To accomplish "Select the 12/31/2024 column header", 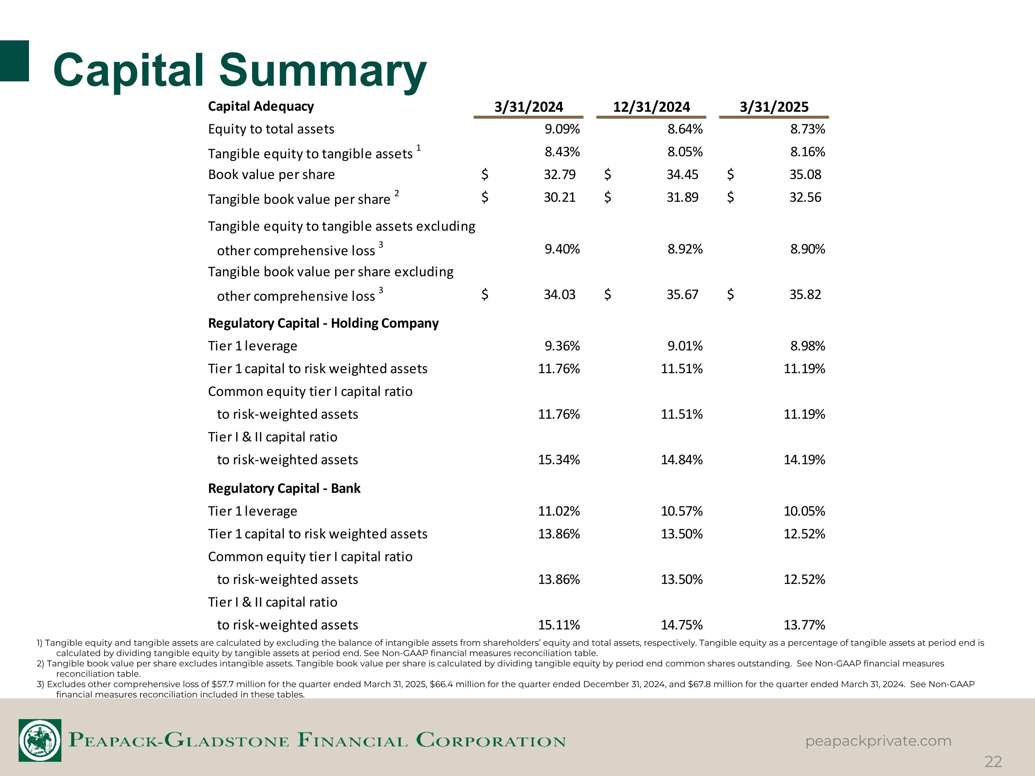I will [651, 107].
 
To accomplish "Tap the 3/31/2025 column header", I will [774, 107].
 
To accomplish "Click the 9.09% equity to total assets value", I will [562, 129].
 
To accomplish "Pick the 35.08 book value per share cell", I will [805, 175].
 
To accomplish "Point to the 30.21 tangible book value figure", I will [560, 197].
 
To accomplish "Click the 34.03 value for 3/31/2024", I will [560, 295].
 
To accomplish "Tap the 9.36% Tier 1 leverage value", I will [562, 346].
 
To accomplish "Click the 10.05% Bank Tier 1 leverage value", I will [804, 511].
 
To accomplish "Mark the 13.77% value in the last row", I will [804, 625].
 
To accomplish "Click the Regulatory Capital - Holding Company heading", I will [323, 323].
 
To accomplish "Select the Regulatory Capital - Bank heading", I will [284, 488].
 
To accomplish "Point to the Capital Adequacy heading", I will [260, 106].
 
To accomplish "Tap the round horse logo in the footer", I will [40, 740].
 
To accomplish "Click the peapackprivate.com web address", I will [878, 741].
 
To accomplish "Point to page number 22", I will [993, 762].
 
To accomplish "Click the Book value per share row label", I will [272, 175].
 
